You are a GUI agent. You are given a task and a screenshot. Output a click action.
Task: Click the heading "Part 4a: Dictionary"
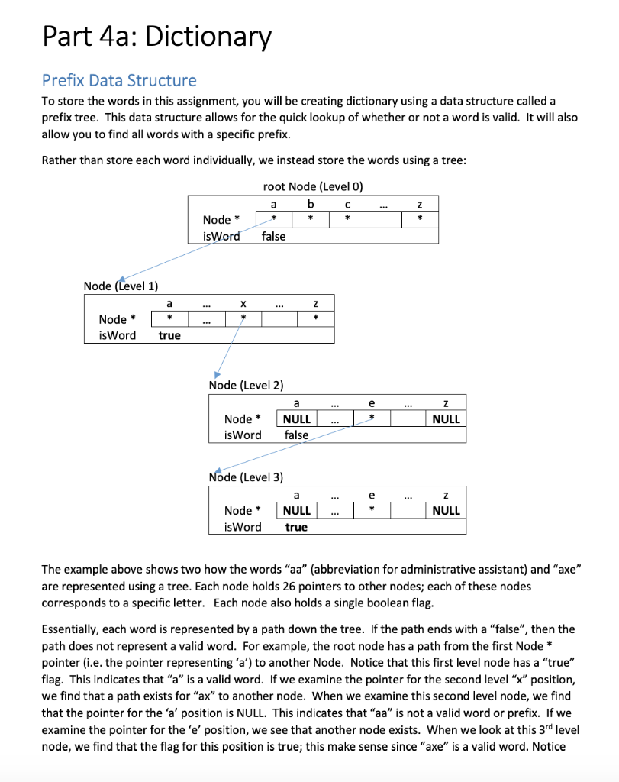(x=156, y=36)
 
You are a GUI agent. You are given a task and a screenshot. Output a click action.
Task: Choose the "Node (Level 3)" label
(x=246, y=477)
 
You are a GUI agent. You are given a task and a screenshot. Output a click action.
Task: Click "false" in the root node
(x=273, y=236)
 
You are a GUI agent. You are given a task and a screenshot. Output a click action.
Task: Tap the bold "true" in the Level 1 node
(x=169, y=335)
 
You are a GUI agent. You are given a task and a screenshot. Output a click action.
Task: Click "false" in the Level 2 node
(x=296, y=435)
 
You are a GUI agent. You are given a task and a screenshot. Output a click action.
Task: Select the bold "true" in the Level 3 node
(x=296, y=527)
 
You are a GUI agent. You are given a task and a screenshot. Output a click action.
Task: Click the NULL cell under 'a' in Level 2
(x=296, y=418)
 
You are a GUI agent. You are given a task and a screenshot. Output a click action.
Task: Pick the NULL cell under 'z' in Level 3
(x=446, y=510)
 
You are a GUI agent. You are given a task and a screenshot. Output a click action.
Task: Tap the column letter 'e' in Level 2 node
(x=371, y=402)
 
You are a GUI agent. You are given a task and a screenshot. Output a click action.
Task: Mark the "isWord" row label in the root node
(x=221, y=236)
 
